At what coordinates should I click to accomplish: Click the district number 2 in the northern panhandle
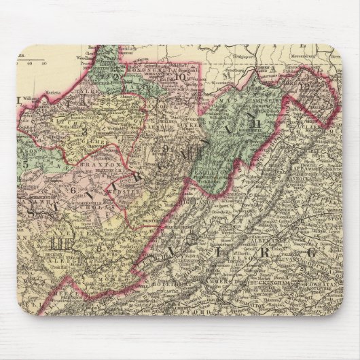pyautogui.click(x=116, y=77)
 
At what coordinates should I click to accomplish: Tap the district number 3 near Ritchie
pyautogui.click(x=85, y=130)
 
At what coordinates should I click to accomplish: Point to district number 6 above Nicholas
pyautogui.click(x=73, y=190)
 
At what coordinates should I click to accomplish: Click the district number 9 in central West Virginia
pyautogui.click(x=165, y=148)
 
